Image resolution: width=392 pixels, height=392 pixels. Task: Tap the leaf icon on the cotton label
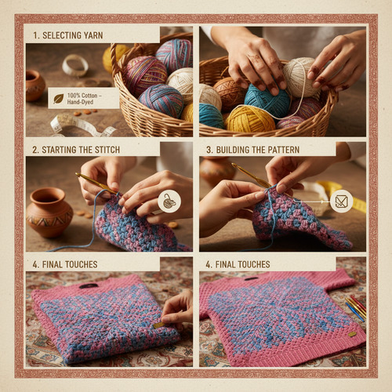(59, 99)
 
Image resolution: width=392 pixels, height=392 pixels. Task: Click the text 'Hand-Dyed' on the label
(80, 102)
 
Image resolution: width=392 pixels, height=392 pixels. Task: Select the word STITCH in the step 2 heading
(107, 150)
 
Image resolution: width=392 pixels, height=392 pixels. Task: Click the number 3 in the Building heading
(209, 150)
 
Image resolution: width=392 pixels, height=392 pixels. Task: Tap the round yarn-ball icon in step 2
(169, 201)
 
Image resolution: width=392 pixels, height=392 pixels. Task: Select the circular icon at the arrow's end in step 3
(341, 201)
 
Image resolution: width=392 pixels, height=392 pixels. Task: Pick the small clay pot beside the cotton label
(34, 85)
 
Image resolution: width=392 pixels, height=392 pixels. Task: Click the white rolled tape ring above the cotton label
(75, 65)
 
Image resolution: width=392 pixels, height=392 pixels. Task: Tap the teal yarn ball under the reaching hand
(267, 100)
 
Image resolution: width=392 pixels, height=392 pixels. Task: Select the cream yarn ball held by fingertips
(299, 77)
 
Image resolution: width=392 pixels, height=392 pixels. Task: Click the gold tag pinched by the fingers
(159, 325)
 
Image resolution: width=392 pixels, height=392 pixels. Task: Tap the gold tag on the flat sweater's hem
(352, 334)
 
